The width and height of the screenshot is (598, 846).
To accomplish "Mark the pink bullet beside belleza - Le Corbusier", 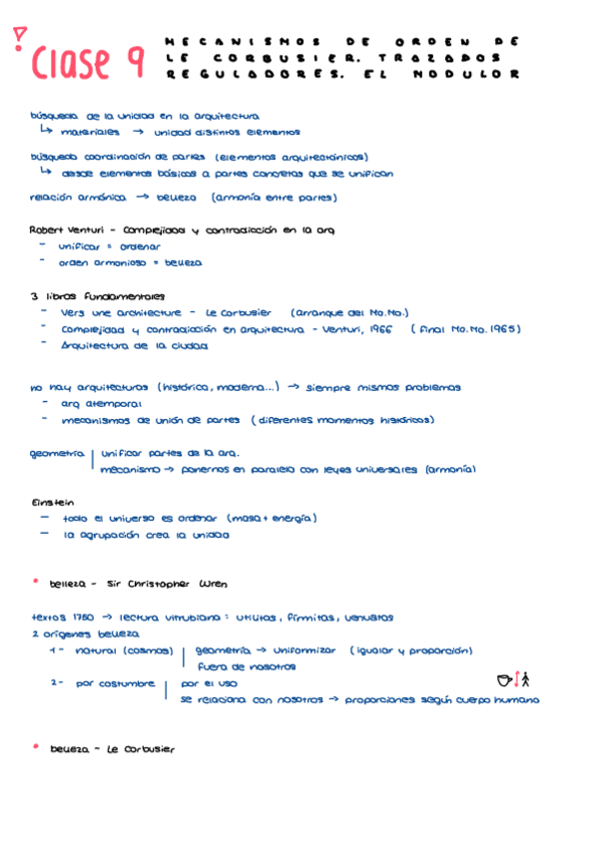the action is [x=35, y=745].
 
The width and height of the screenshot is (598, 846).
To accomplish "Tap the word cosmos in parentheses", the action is [x=151, y=650].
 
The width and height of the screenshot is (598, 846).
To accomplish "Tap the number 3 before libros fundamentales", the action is [x=35, y=295].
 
